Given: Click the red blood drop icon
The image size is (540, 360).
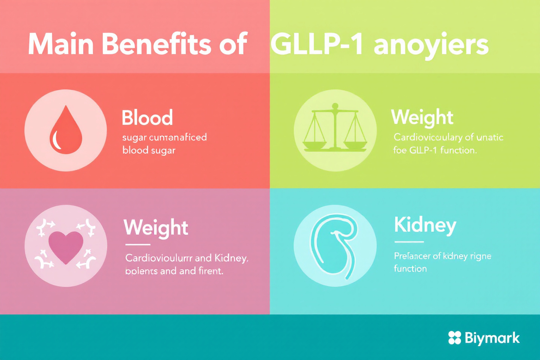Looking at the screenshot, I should point(66,130).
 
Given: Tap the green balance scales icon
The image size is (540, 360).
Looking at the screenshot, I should point(335,130).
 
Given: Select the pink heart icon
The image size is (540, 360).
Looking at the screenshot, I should point(66,247).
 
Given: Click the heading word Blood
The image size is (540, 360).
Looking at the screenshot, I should point(147,118).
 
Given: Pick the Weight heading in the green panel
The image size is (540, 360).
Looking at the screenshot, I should point(422,118).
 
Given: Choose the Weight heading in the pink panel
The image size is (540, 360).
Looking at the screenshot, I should point(156,228).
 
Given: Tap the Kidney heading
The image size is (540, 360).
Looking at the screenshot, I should point(425,225).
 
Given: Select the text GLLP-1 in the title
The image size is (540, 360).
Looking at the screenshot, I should point(317,44).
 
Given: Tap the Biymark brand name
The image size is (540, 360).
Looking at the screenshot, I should point(492,338).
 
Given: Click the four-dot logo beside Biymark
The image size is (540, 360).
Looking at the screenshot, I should point(454,337).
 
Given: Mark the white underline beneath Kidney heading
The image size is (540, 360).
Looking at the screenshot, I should point(409,242).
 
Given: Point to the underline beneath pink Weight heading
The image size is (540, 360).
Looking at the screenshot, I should point(138,244).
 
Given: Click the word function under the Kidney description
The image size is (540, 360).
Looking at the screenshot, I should point(410,268).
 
